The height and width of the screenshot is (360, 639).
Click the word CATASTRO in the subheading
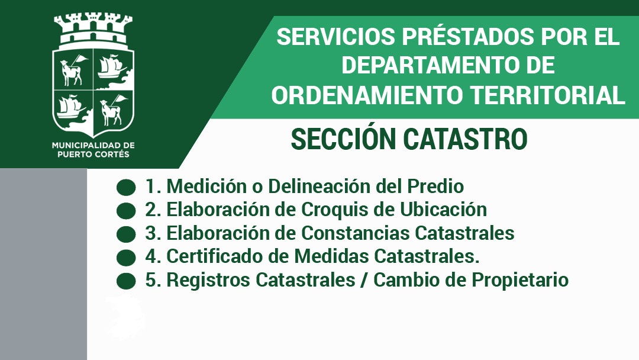click(x=466, y=139)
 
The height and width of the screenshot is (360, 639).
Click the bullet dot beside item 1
click(x=126, y=188)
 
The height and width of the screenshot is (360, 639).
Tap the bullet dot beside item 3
click(x=126, y=234)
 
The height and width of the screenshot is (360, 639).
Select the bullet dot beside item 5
click(x=126, y=281)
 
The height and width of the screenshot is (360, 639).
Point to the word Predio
click(x=435, y=187)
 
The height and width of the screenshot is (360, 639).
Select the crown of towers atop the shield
click(x=93, y=30)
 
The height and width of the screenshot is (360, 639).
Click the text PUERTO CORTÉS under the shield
click(x=93, y=155)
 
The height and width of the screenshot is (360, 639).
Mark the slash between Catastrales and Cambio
click(x=363, y=281)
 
